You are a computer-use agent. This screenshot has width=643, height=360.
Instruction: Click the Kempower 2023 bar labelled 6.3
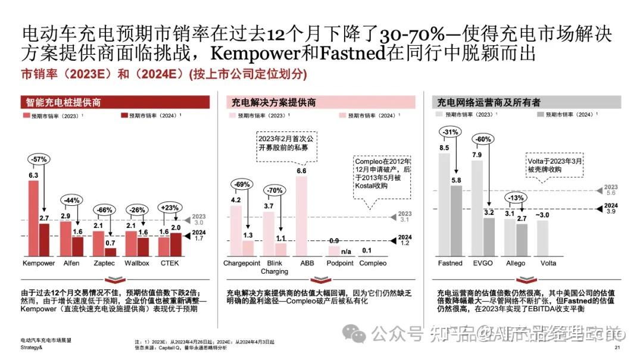(33, 218)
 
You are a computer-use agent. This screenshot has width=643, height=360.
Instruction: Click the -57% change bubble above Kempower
(39, 159)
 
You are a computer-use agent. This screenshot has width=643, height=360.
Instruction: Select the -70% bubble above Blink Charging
(274, 191)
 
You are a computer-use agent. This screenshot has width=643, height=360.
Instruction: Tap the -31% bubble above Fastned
(450, 132)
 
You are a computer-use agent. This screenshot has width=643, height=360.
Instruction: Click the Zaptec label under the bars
(105, 263)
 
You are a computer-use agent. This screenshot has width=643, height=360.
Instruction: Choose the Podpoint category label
(339, 263)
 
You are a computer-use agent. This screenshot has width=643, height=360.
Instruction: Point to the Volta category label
(549, 263)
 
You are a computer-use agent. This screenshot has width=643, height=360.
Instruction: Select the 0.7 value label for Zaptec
(110, 243)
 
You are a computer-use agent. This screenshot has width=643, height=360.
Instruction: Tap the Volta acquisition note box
(553, 164)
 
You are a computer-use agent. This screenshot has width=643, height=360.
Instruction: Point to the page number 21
(617, 348)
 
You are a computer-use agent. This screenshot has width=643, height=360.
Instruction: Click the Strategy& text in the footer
(30, 348)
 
